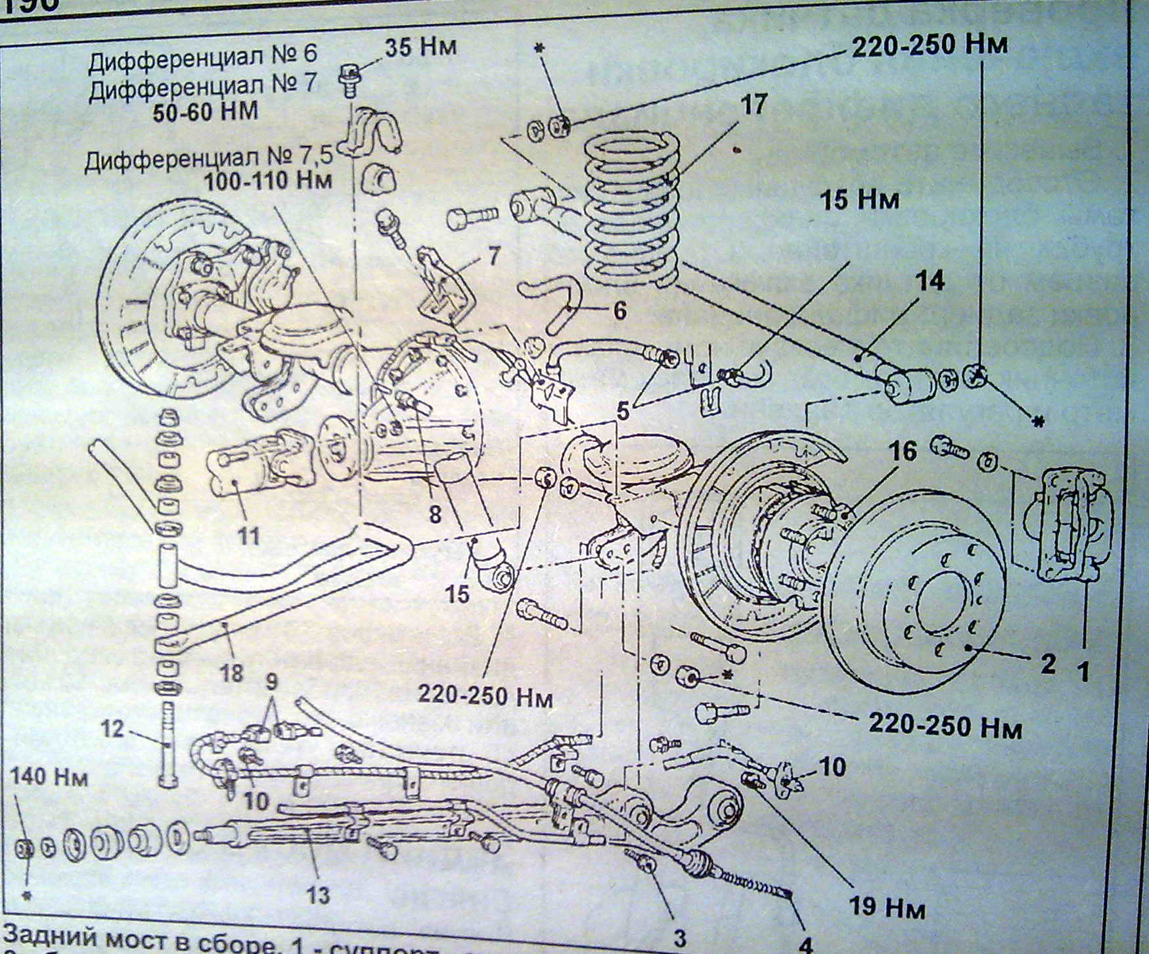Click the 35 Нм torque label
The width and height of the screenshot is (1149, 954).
pyautogui.click(x=420, y=47)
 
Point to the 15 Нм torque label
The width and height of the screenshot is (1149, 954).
pyautogui.click(x=859, y=199)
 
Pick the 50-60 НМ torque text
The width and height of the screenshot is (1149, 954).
pyautogui.click(x=206, y=112)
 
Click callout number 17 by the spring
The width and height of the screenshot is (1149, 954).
pyautogui.click(x=753, y=105)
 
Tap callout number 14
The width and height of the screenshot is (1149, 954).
pyautogui.click(x=931, y=281)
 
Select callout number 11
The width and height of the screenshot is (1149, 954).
pyautogui.click(x=248, y=536)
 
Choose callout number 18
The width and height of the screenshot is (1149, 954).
pyautogui.click(x=232, y=672)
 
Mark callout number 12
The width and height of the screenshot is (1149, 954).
pyautogui.click(x=112, y=728)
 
